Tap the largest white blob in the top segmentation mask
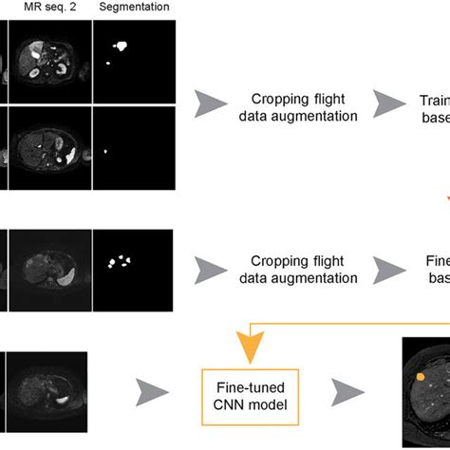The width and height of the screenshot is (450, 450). click(121, 45)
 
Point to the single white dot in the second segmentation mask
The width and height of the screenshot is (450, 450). click(105, 150)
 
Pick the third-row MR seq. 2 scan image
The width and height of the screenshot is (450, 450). click(48, 269)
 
